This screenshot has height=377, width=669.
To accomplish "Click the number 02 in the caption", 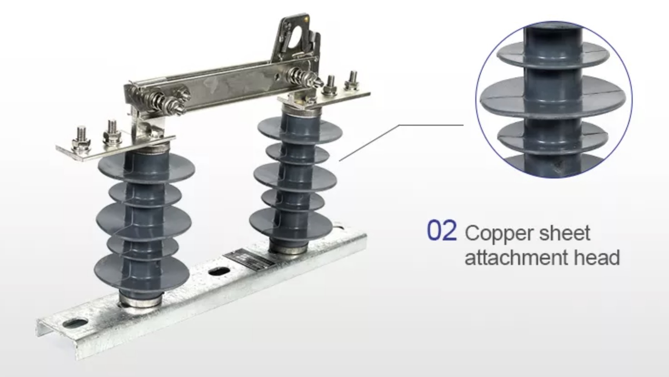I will click(442, 231).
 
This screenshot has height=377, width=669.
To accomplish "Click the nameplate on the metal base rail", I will click(249, 259).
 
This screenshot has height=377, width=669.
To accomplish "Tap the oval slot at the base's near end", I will click(74, 323).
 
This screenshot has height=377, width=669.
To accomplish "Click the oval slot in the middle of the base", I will click(219, 272).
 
